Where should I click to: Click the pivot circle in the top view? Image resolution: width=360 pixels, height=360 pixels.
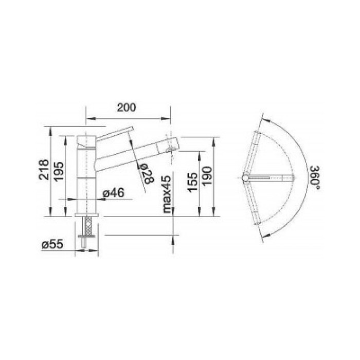(247, 178)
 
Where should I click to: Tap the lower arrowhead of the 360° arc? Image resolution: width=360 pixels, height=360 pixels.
(263, 237)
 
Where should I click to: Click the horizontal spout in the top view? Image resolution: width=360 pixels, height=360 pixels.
(272, 178)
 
